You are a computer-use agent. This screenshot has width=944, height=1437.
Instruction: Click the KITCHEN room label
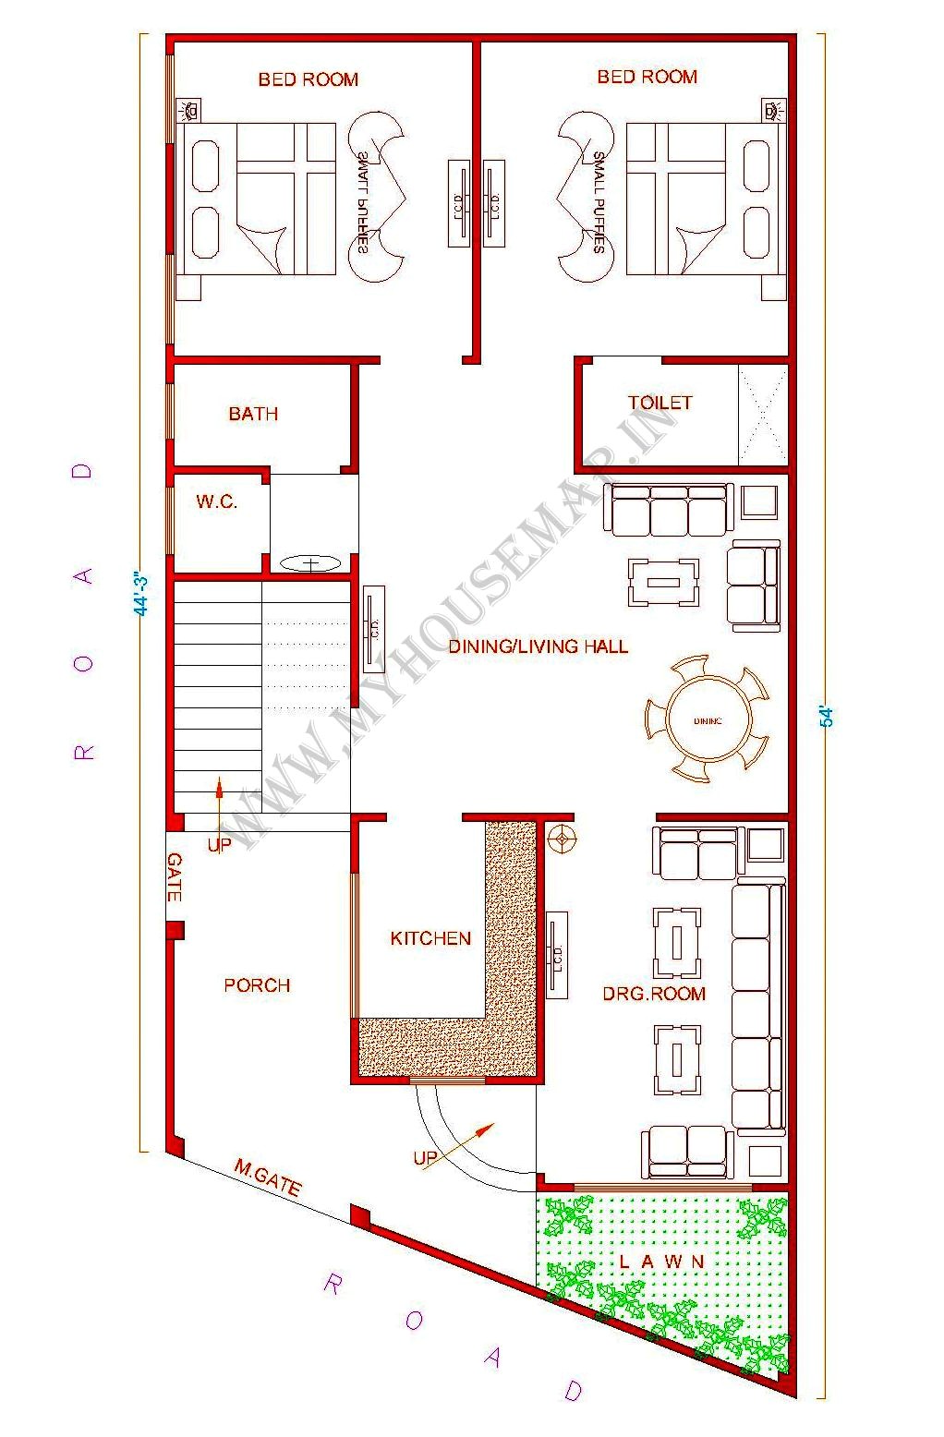[x=430, y=938]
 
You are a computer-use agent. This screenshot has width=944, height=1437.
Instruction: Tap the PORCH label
[x=257, y=985]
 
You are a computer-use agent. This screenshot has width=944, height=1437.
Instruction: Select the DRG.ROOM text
[x=654, y=994]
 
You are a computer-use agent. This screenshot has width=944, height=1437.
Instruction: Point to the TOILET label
[x=660, y=403]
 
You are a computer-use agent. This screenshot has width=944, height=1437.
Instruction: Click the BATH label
[x=253, y=414]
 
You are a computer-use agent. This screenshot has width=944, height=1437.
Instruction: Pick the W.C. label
[x=216, y=502]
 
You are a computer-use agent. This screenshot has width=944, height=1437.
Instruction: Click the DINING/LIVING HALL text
[x=538, y=646]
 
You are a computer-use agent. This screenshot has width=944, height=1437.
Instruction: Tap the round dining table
[x=708, y=719]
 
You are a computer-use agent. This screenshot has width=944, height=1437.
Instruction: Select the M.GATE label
[x=267, y=1178]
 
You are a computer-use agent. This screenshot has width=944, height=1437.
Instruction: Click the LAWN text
[x=662, y=1262]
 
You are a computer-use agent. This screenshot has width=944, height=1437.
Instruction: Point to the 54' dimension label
[x=829, y=717]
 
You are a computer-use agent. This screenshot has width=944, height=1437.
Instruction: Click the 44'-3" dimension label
[x=141, y=594]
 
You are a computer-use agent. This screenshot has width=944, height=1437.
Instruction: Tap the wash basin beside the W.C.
[x=310, y=562]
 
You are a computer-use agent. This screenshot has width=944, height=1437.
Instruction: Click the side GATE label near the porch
[x=174, y=877]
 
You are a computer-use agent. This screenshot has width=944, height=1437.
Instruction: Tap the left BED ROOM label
[x=308, y=79]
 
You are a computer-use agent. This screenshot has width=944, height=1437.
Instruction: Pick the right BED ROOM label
[x=647, y=77]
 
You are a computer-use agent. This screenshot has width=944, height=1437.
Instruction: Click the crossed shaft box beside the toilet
[x=763, y=415]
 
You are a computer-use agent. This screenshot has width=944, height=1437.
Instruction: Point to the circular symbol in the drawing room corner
[x=561, y=839]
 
